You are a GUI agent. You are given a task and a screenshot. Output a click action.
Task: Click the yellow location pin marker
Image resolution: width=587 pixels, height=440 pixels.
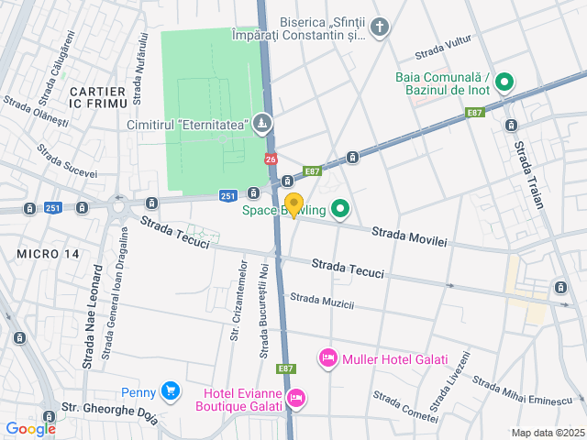293,204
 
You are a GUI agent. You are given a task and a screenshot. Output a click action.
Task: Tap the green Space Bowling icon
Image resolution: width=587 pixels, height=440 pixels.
340,210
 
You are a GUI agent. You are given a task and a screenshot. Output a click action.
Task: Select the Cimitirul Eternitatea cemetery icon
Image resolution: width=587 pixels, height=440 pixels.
262,123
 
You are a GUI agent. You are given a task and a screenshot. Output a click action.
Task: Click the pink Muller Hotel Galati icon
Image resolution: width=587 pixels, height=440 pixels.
327,358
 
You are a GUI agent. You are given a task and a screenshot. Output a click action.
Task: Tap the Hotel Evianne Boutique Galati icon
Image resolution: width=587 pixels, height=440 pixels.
295,398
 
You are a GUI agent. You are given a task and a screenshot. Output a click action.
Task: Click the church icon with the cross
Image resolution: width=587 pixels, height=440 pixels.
379,27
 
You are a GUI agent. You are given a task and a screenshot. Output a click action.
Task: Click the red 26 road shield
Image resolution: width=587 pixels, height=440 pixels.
271,159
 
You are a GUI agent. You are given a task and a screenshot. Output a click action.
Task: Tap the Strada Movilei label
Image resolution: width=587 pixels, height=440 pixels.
409,237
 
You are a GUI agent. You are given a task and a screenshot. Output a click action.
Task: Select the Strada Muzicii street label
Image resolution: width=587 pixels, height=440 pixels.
321,301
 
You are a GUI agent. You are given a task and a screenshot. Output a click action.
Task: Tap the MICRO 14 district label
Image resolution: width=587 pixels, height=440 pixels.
48,253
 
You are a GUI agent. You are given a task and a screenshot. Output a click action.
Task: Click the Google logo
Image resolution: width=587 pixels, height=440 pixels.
30,428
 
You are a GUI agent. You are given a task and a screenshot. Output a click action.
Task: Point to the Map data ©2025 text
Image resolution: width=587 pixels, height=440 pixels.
547,433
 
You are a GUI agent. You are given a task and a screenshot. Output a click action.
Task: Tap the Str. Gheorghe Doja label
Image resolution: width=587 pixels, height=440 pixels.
109,409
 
